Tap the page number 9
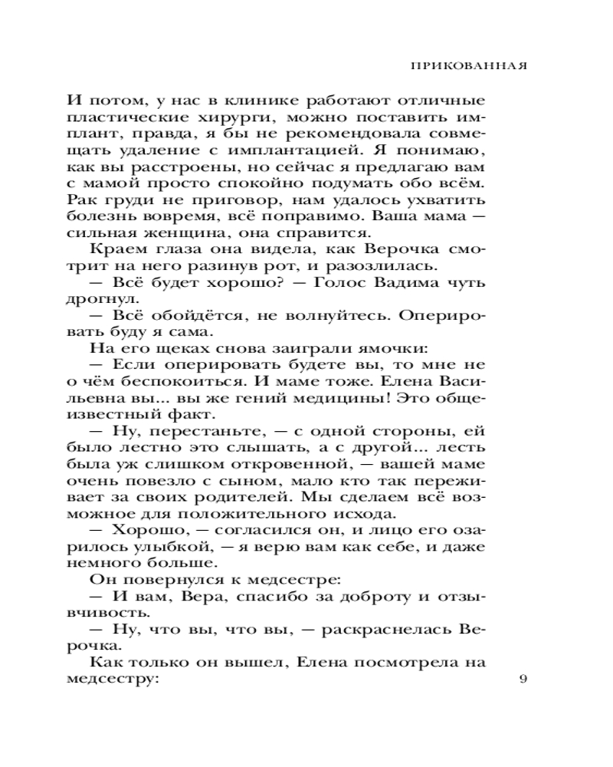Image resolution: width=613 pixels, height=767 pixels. coord(523,678)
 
